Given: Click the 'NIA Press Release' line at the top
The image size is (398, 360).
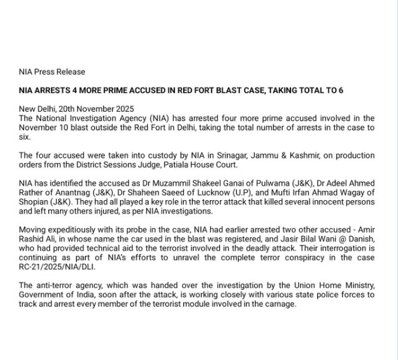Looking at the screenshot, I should [x=52, y=72].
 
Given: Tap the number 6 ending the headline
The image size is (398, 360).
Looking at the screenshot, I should [x=341, y=90].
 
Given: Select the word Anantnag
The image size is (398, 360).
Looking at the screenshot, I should [x=75, y=193].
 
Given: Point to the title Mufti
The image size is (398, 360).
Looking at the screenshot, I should [x=279, y=193].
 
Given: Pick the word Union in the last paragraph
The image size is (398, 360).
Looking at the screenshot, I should [x=282, y=285].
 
